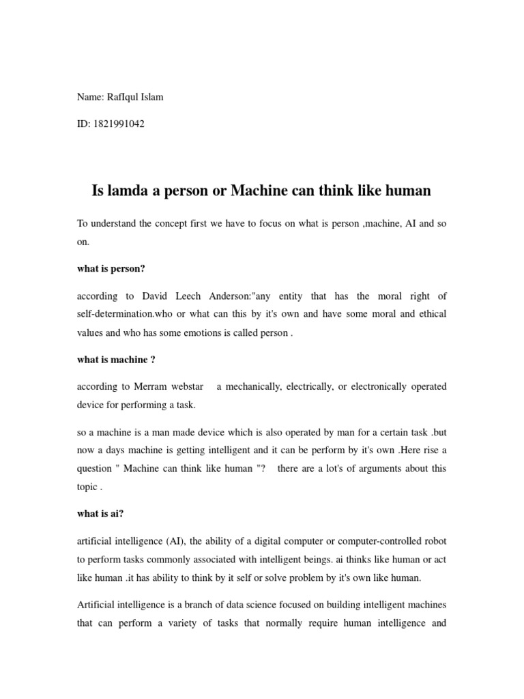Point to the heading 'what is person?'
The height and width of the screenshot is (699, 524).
click(111, 268)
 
